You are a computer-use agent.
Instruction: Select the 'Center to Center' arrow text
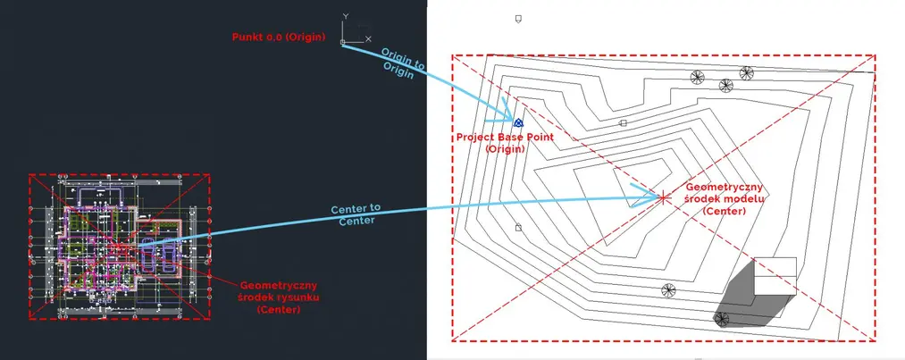tap(356, 213)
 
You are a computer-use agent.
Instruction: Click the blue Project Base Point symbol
tap(517, 121)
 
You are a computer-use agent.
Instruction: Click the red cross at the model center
tap(663, 197)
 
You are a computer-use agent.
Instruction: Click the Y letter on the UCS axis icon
tap(345, 16)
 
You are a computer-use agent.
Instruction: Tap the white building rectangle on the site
tap(774, 276)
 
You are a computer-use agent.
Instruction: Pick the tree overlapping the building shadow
tap(723, 319)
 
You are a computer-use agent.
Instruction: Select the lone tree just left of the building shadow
tap(667, 289)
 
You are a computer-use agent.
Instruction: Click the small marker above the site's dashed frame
tap(518, 19)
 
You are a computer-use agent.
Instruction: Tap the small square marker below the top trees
tap(624, 123)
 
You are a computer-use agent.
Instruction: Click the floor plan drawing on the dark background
tap(120, 247)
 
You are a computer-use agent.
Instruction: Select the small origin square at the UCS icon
tap(342, 40)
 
